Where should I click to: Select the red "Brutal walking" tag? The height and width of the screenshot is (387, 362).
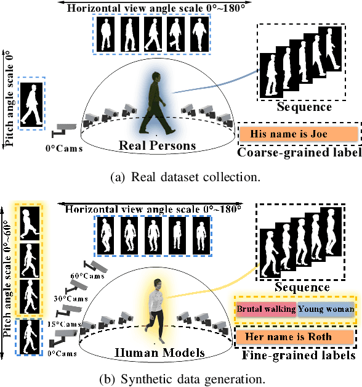pyautogui.click(x=265, y=309)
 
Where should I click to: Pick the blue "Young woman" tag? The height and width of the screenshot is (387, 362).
pyautogui.click(x=326, y=309)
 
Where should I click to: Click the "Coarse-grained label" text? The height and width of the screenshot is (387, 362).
pyautogui.click(x=299, y=152)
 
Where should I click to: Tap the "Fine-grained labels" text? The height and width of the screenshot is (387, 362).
pyautogui.click(x=297, y=356)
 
